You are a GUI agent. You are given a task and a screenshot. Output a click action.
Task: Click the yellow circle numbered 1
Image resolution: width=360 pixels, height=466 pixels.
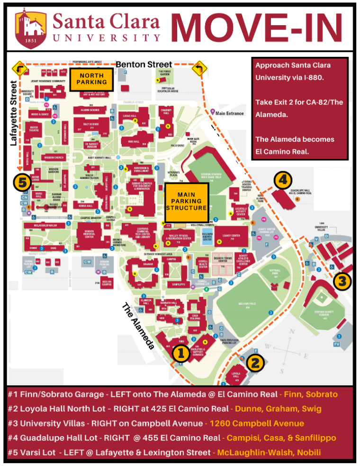(x=180, y=353)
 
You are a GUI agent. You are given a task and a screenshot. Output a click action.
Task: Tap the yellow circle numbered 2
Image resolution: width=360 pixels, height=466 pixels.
(x=255, y=363)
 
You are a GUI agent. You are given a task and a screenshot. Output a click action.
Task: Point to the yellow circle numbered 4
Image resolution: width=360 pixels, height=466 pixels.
(x=283, y=180)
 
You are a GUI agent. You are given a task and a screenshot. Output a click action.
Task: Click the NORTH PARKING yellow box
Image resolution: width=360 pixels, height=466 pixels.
(x=91, y=79)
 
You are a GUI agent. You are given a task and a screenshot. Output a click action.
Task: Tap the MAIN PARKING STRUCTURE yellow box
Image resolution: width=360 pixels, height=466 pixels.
(x=186, y=201)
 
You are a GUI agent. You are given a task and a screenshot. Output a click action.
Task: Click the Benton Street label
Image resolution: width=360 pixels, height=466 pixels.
(x=137, y=64)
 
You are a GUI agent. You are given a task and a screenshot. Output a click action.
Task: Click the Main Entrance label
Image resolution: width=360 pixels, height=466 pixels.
(x=229, y=113)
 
